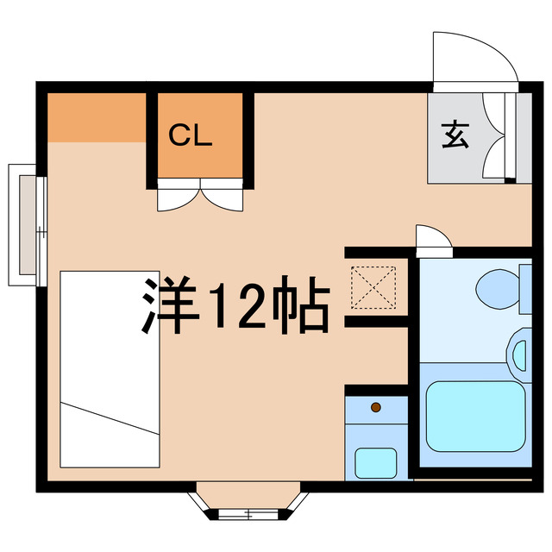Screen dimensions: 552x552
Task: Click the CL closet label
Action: [x=190, y=135]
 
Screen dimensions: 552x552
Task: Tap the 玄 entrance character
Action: [x=455, y=135]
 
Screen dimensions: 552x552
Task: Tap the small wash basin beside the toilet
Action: [x=517, y=354]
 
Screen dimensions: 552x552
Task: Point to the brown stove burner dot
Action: [x=375, y=406]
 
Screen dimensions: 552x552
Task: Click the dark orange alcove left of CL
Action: [x=96, y=117]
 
